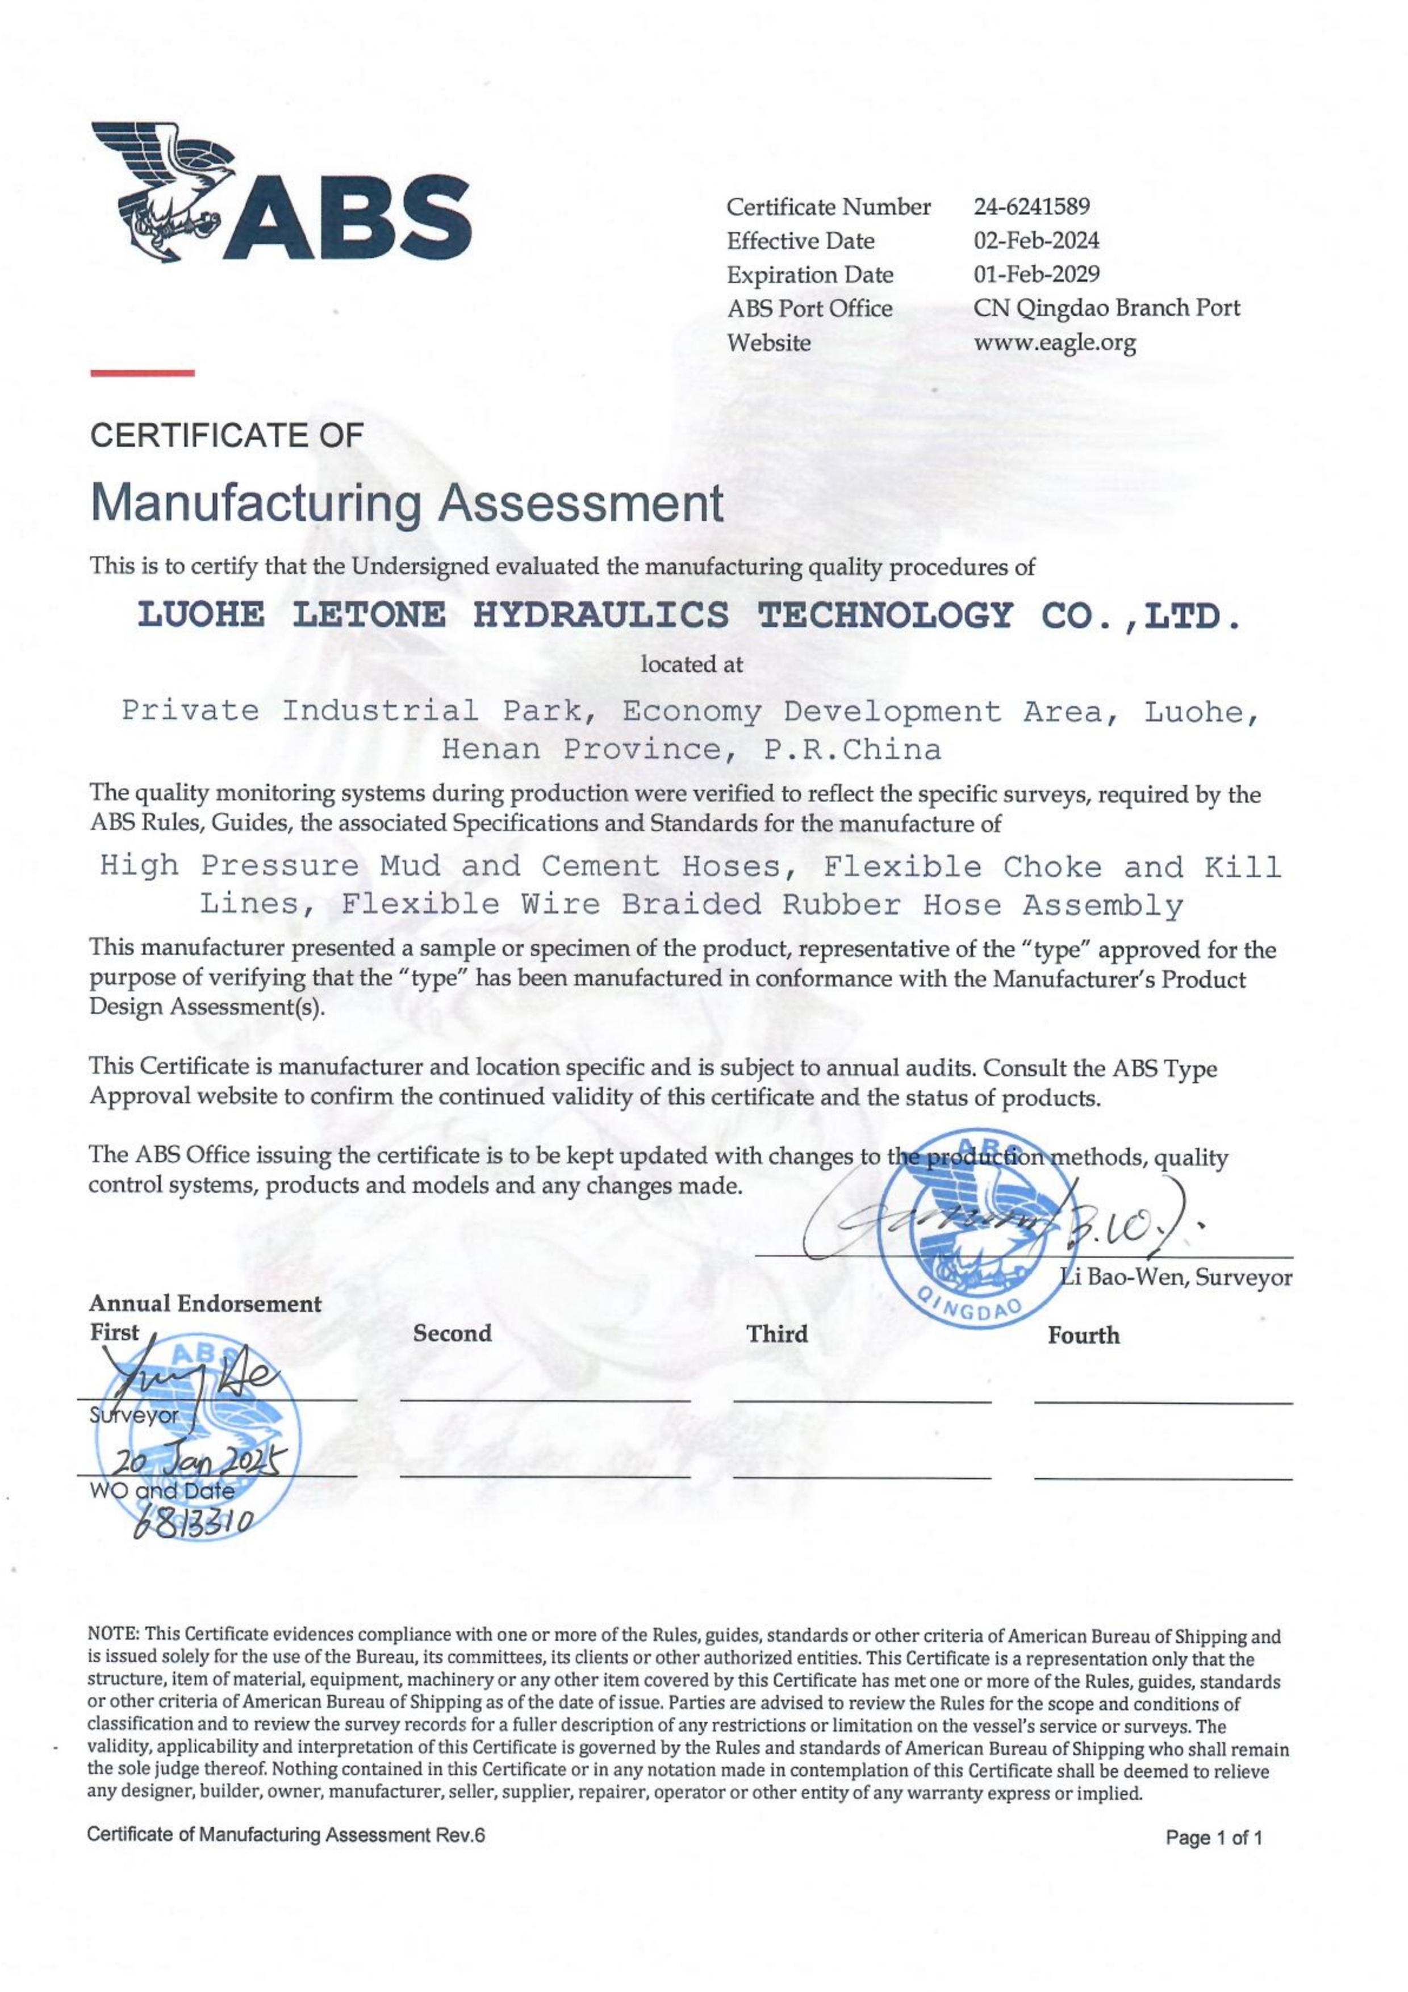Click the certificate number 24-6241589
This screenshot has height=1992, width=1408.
(x=1031, y=207)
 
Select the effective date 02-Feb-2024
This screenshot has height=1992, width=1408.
(x=1036, y=240)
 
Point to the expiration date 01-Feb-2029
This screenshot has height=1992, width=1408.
(x=1037, y=274)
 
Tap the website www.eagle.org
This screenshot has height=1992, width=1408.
(x=1054, y=343)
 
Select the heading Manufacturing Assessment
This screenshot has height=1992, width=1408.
(x=406, y=503)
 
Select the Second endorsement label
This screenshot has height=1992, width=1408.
(x=452, y=1333)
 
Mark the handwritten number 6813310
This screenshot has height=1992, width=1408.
(x=193, y=1522)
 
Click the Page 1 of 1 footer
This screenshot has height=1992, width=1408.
(x=1214, y=1837)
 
